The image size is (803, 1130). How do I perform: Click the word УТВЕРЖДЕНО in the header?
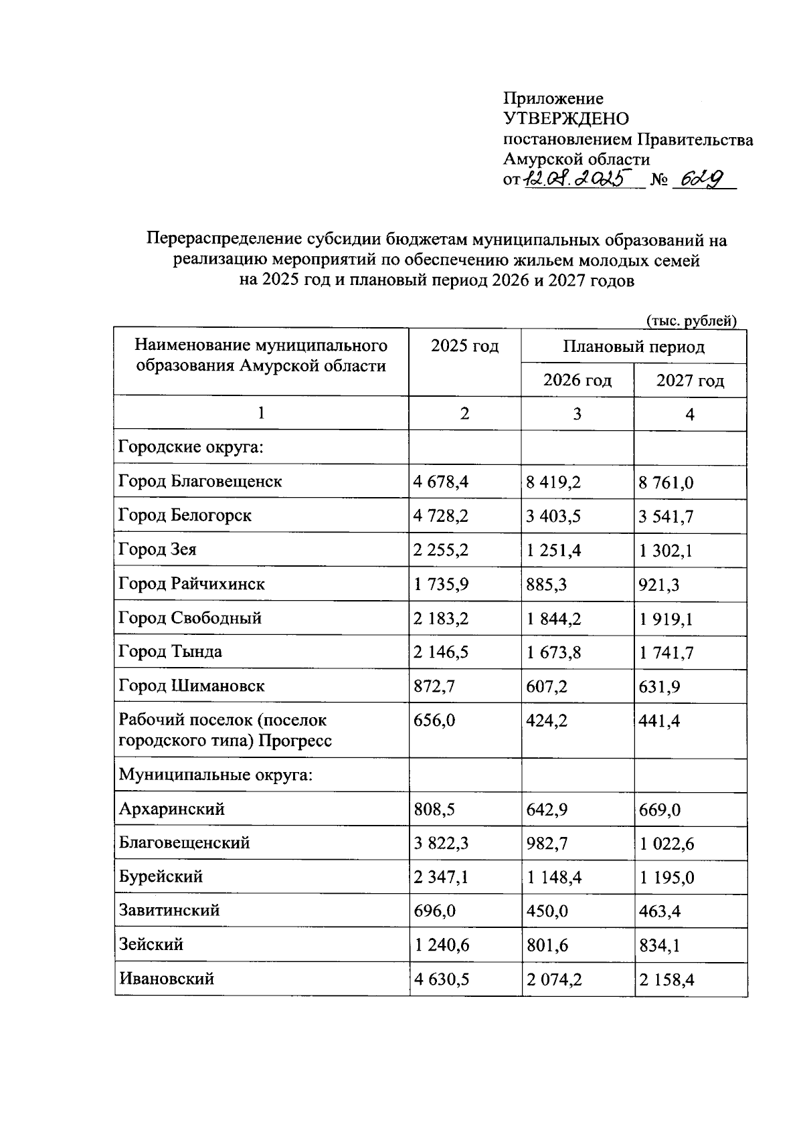pos(566,119)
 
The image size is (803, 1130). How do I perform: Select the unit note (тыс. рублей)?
pos(691,320)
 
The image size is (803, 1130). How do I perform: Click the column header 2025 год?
pos(464,347)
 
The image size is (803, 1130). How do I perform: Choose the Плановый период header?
pos(633,347)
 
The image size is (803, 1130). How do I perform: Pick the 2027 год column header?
pos(690,381)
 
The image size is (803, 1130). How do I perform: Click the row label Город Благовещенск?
pos(200,481)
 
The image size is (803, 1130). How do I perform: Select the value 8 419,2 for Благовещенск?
pos(553,482)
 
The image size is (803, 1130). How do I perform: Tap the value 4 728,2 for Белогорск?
pos(441,516)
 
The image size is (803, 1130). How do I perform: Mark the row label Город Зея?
pos(157,550)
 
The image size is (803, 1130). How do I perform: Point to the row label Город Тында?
pos(170,652)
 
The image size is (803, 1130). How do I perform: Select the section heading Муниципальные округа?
pos(216,775)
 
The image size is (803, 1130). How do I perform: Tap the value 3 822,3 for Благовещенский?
pos(441,843)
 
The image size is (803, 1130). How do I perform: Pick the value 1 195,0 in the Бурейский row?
pos(666,877)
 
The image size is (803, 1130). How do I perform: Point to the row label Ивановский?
pos(167,979)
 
